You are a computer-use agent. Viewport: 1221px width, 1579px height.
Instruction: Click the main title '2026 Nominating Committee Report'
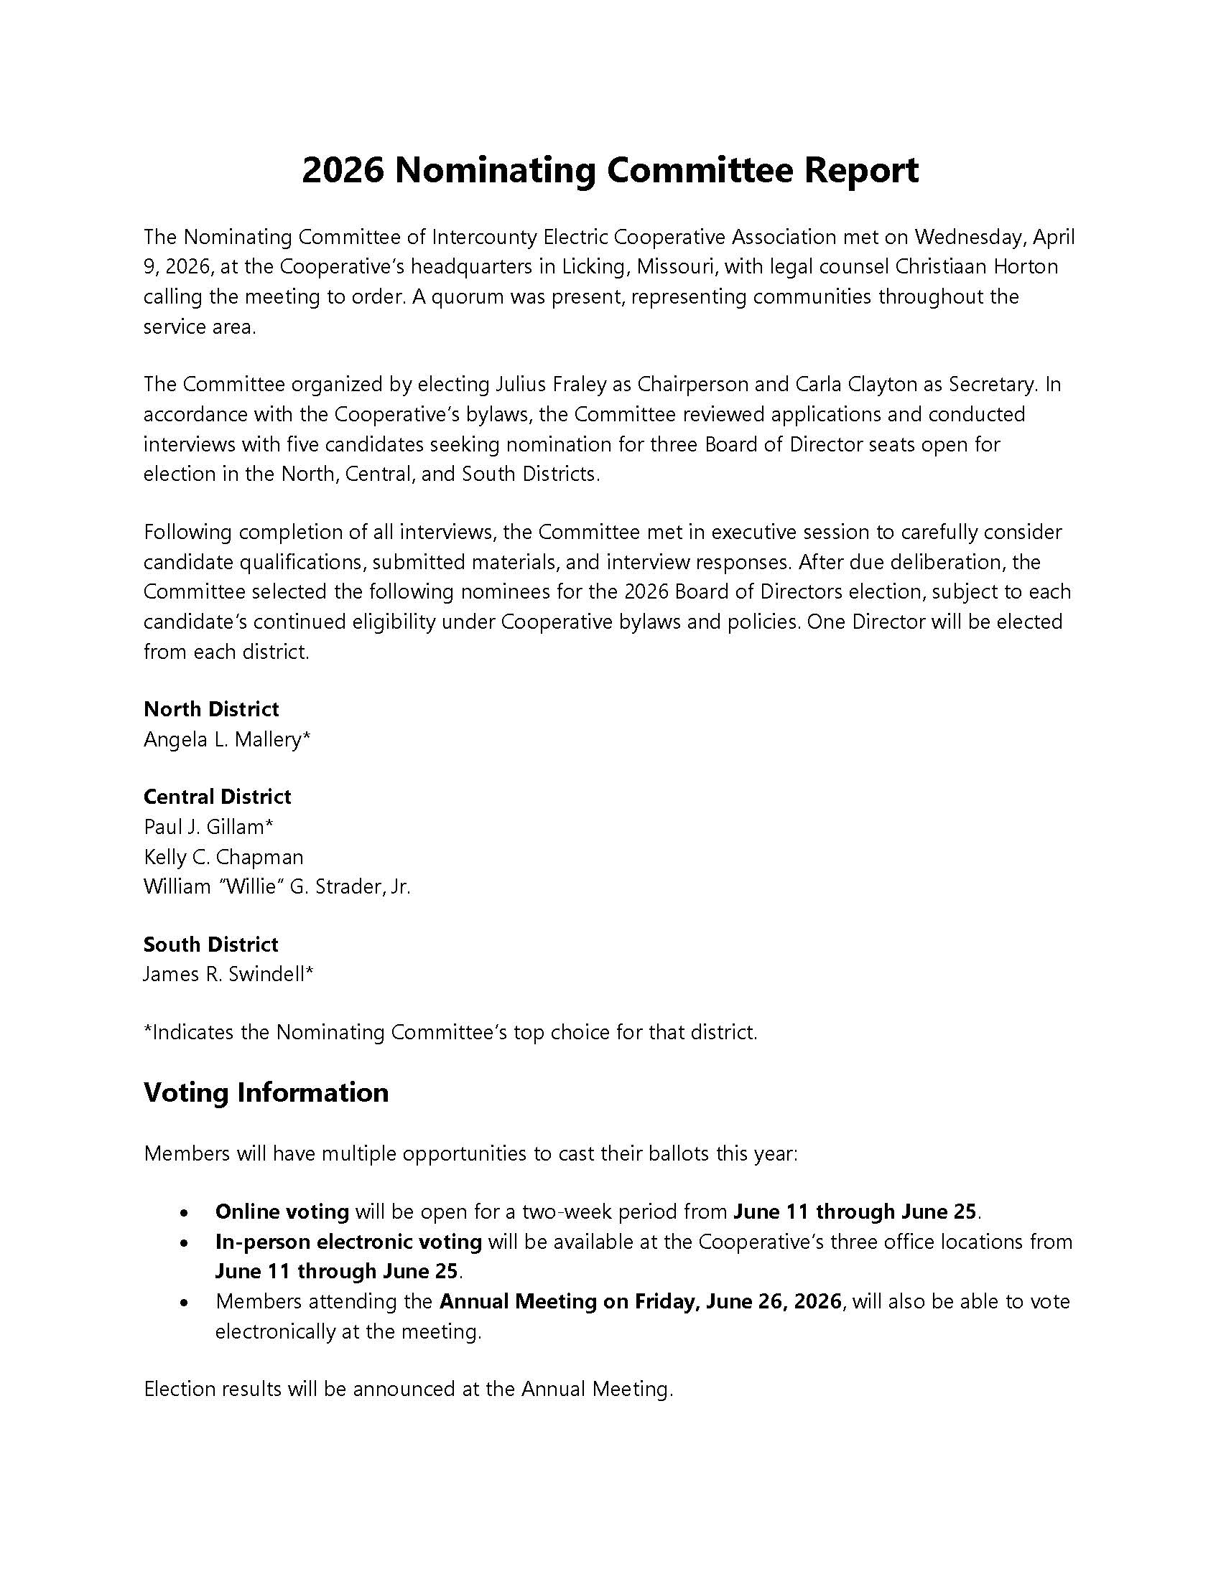coord(610,172)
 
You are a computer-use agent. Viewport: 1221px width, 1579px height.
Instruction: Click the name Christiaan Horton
coord(977,267)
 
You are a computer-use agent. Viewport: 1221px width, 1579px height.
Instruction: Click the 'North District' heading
coord(211,709)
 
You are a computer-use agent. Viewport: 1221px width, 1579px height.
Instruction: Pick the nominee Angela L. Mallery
coord(227,739)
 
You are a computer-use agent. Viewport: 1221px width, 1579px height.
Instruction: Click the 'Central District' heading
coord(217,797)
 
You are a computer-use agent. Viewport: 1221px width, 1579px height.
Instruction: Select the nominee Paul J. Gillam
coord(208,827)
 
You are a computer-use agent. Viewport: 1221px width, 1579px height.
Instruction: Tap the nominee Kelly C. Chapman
coord(223,858)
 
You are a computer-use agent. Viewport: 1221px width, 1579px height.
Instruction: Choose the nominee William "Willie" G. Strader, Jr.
coord(277,887)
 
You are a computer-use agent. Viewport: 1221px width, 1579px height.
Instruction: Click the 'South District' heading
coord(210,945)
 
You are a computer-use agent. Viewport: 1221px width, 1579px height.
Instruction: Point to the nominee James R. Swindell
coord(228,975)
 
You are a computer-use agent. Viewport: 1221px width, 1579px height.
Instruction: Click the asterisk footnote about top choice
coord(450,1032)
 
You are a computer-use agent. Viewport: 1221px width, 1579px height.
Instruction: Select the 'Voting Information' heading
coord(266,1092)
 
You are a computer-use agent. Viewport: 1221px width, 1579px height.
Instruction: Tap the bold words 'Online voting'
coord(282,1212)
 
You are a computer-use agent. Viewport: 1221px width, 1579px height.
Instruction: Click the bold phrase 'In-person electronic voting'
coord(348,1242)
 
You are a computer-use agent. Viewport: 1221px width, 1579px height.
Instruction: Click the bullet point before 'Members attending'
coord(185,1303)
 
